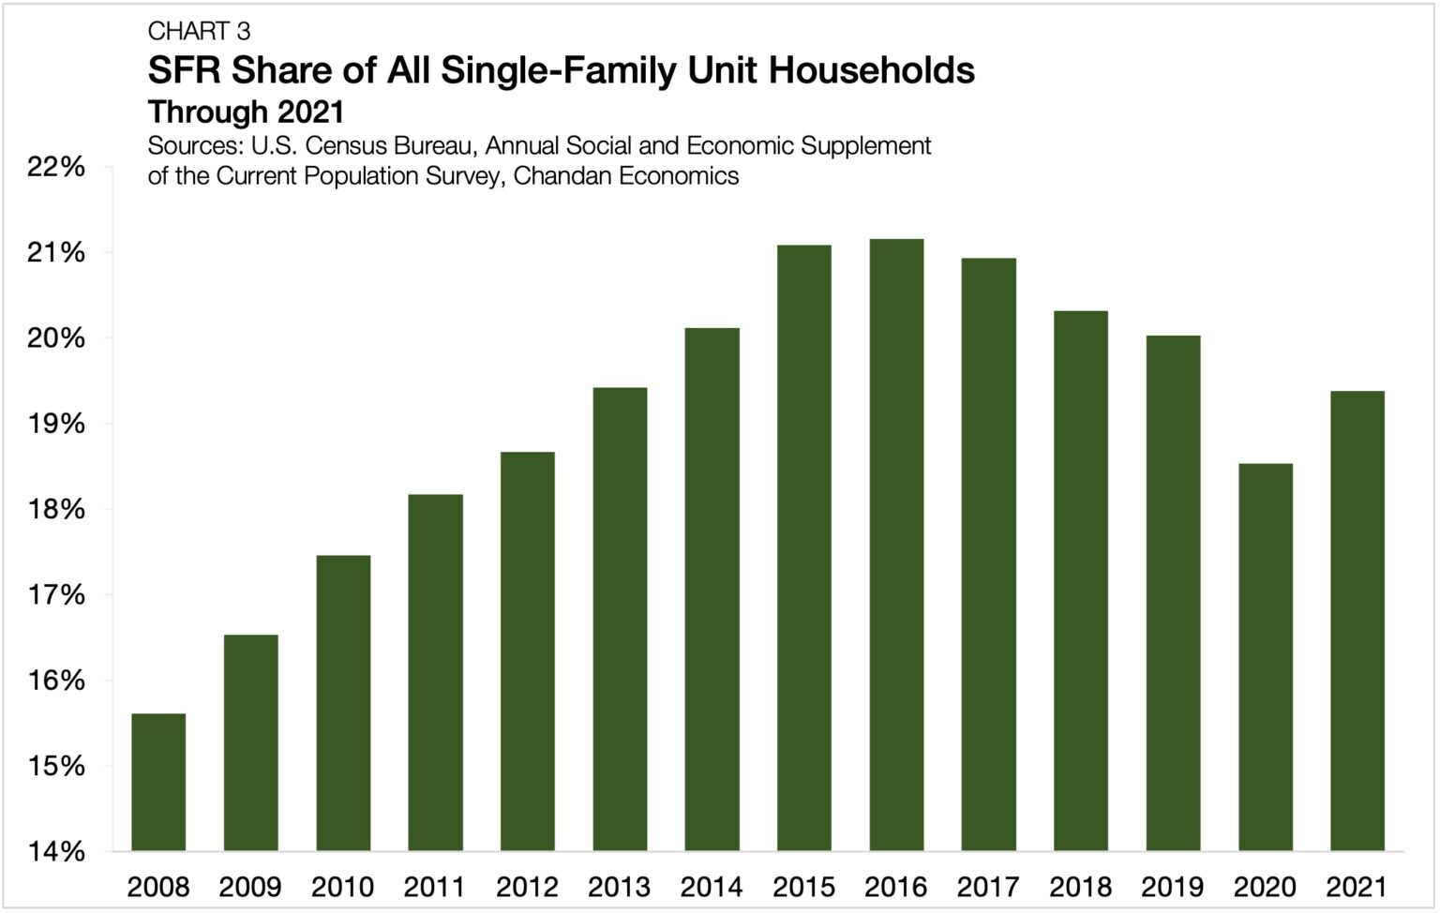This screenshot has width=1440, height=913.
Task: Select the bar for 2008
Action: point(158,782)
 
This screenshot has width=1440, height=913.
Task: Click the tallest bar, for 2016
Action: point(896,545)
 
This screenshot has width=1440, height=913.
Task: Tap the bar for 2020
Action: point(1266,656)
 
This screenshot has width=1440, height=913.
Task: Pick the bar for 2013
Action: point(620,619)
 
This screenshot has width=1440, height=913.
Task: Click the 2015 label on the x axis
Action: point(803,886)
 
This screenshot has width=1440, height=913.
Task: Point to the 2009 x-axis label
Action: point(250,886)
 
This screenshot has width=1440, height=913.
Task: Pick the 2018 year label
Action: point(1080,886)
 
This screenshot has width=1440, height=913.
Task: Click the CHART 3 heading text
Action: point(199,31)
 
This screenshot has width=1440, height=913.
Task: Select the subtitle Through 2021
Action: point(246,112)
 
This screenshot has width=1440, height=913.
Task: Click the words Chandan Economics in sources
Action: point(626,175)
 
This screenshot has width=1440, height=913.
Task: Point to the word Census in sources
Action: point(348,146)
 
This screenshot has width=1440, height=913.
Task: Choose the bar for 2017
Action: point(988,554)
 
